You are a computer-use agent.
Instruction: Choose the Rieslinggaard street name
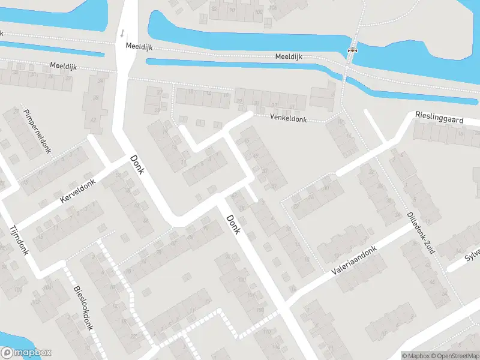pyautogui.click(x=439, y=117)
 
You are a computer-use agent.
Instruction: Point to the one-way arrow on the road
pyautogui.click(x=122, y=32)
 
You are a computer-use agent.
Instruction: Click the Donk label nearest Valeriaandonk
pyautogui.click(x=233, y=225)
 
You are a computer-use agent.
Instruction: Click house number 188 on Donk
pyautogui.click(x=260, y=310)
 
